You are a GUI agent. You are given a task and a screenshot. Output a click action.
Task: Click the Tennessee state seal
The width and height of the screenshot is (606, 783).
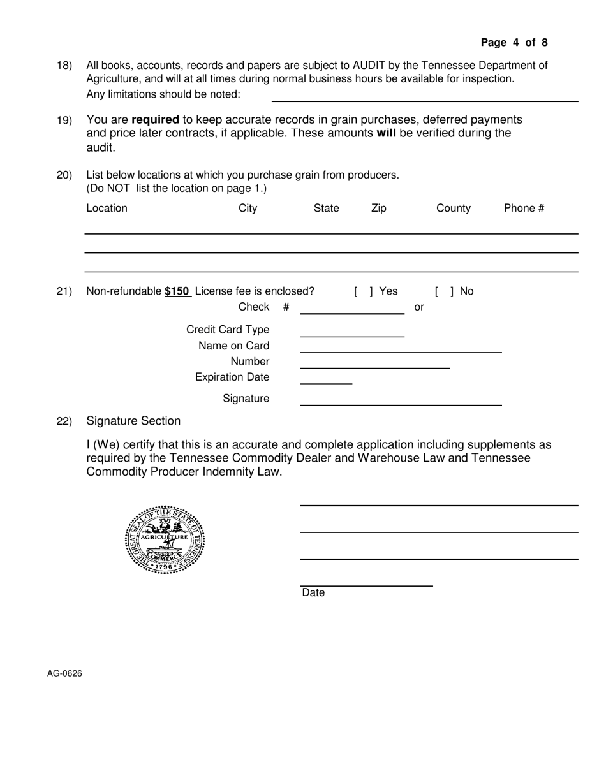pyautogui.click(x=165, y=540)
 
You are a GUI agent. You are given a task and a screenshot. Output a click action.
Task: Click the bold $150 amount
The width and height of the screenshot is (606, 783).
pyautogui.click(x=177, y=291)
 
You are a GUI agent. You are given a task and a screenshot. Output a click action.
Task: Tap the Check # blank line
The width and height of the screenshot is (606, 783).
pyautogui.click(x=352, y=312)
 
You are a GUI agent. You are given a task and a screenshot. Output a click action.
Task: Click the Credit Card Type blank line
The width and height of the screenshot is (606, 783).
pyautogui.click(x=352, y=335)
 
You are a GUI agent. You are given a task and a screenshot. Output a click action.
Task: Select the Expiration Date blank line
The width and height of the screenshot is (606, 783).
pyautogui.click(x=326, y=383)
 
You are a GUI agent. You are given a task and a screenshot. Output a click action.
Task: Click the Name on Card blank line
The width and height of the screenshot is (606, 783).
pyautogui.click(x=401, y=351)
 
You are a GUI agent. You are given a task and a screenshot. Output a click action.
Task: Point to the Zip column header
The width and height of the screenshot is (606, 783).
pyautogui.click(x=378, y=209)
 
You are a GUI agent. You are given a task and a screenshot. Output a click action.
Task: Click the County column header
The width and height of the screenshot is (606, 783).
pyautogui.click(x=454, y=209)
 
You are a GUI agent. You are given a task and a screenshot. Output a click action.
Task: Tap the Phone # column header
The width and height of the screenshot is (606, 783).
pyautogui.click(x=524, y=209)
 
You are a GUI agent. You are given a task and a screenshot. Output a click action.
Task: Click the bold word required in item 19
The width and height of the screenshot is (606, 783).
pyautogui.click(x=155, y=120)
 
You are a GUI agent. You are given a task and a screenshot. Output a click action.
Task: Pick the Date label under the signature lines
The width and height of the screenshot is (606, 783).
pyautogui.click(x=313, y=593)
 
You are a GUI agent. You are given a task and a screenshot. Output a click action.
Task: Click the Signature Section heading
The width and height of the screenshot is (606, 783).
pyautogui.click(x=133, y=421)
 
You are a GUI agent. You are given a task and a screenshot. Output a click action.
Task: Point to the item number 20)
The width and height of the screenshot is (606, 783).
pyautogui.click(x=64, y=175)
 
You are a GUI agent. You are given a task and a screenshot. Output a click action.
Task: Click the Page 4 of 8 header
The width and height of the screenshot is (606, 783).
pyautogui.click(x=514, y=43)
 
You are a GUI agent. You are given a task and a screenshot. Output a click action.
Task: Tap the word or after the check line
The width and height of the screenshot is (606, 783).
pyautogui.click(x=419, y=307)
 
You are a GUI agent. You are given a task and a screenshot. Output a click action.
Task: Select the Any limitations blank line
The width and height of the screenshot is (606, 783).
pyautogui.click(x=425, y=99)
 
